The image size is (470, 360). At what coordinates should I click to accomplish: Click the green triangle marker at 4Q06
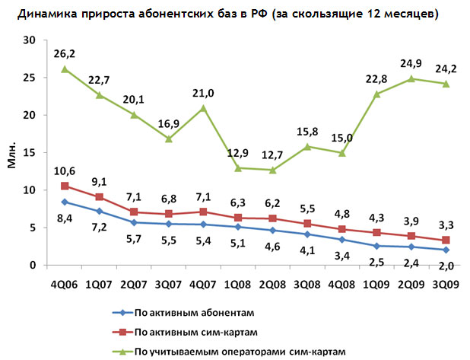65,69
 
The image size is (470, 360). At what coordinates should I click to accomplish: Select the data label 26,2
64,54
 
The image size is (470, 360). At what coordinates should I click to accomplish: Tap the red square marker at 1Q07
99,197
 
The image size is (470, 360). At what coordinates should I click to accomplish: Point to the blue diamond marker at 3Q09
446,250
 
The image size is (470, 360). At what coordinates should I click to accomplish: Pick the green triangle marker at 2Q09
411,78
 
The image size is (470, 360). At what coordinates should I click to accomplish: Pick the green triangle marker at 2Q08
272,170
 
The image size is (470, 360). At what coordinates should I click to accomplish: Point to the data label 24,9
411,62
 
